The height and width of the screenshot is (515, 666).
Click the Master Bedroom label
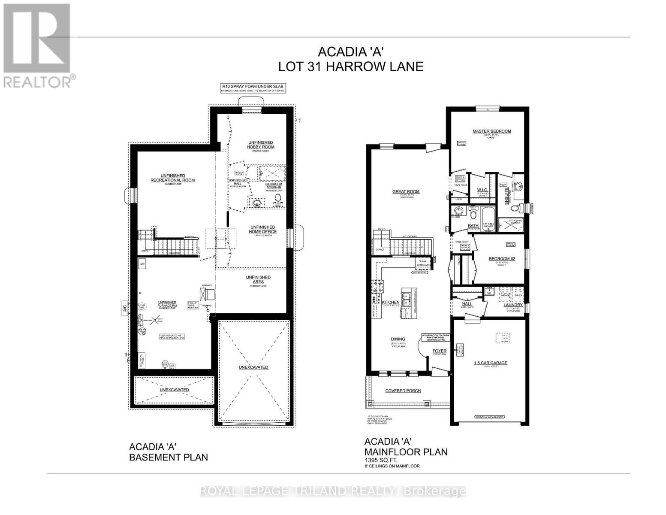(491, 131)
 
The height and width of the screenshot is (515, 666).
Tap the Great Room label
(406, 192)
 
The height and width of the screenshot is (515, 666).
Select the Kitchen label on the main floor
(391, 303)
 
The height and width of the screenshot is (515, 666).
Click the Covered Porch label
(403, 391)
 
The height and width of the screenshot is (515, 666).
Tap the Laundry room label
(513, 305)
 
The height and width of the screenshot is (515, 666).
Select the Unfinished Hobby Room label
(260, 145)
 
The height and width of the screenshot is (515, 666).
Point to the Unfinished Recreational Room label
(172, 178)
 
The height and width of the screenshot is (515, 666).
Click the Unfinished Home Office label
(262, 229)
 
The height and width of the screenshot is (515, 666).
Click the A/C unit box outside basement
(124, 308)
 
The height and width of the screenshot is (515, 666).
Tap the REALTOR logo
(38, 45)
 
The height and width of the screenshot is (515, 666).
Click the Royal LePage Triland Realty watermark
(333, 491)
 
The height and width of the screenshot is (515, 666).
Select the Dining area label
(398, 339)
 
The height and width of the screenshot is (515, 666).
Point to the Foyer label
(440, 351)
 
